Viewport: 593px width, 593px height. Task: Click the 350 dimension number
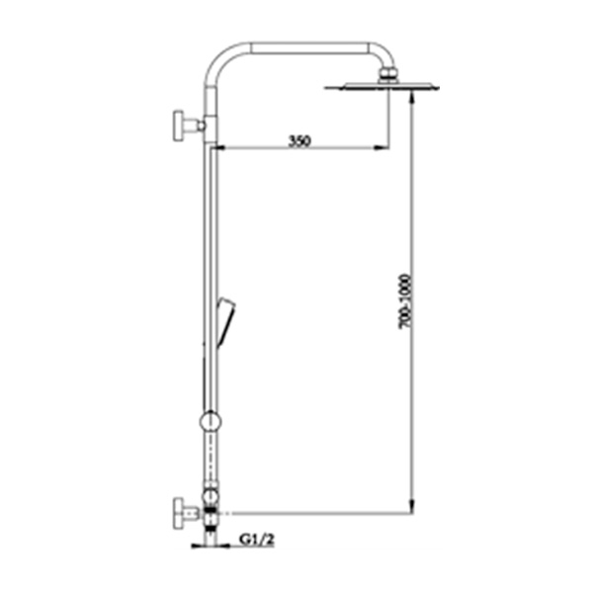click(300, 140)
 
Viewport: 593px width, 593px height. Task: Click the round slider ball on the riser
click(210, 422)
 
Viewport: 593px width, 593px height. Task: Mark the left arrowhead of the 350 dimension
click(218, 149)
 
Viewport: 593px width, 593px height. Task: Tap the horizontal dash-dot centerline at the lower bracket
click(316, 514)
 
